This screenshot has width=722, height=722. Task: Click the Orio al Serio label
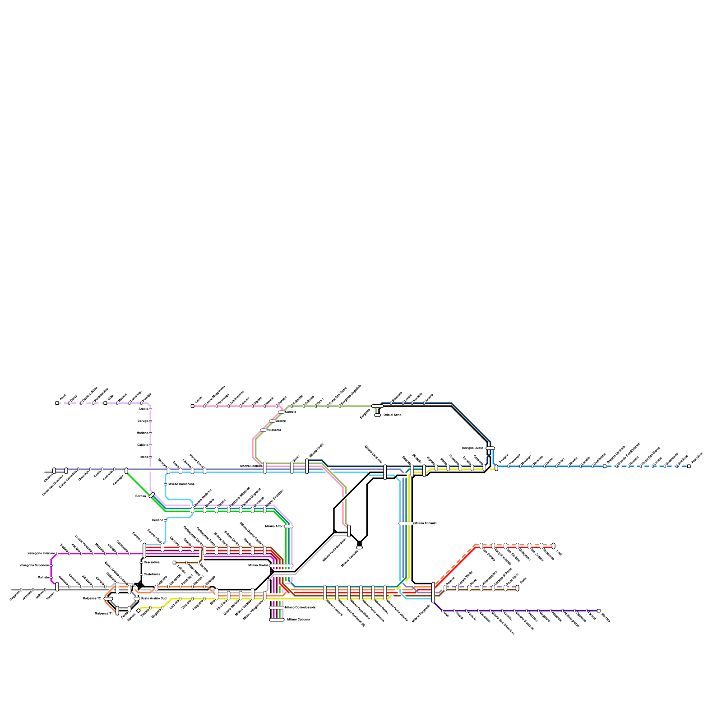click(392, 415)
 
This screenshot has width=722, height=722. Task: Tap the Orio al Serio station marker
click(377, 415)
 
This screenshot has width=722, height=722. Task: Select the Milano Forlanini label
click(426, 523)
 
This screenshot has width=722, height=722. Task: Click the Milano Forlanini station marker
click(406, 523)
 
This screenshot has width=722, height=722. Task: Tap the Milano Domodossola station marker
click(277, 608)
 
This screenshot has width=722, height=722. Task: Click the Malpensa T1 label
click(103, 613)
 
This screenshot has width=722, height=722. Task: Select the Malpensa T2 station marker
click(108, 599)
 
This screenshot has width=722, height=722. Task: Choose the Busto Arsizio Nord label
click(154, 598)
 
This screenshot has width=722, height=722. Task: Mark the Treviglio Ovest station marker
click(490, 448)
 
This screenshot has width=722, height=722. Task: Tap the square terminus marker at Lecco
click(193, 406)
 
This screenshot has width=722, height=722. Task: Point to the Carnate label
click(291, 412)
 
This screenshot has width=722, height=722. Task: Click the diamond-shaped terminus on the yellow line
click(139, 611)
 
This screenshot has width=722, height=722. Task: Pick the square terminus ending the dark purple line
click(598, 611)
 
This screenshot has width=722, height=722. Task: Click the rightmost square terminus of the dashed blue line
click(689, 466)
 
